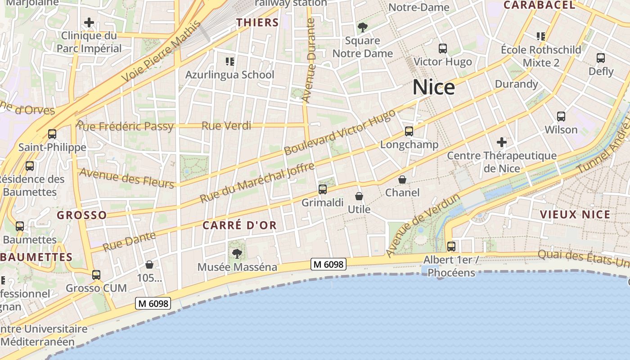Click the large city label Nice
[x=433, y=87]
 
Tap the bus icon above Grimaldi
[x=322, y=189]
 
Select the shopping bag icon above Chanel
[x=402, y=180]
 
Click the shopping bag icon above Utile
[x=359, y=196]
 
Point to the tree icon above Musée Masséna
[x=237, y=254]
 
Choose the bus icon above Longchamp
[x=409, y=131]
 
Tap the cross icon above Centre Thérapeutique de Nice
[x=502, y=143]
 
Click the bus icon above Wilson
[x=561, y=117]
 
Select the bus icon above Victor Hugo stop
[x=443, y=49]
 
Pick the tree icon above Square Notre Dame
[x=362, y=27]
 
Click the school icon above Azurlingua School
[x=229, y=61]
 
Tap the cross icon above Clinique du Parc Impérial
[x=89, y=22]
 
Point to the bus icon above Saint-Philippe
[x=52, y=134]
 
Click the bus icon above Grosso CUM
[x=96, y=275]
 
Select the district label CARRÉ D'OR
[x=239, y=225]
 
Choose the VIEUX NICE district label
[x=575, y=214]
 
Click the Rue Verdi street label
[x=226, y=126]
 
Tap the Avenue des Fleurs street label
[x=126, y=178]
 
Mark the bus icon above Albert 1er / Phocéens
[x=451, y=247]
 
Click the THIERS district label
[x=258, y=22]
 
